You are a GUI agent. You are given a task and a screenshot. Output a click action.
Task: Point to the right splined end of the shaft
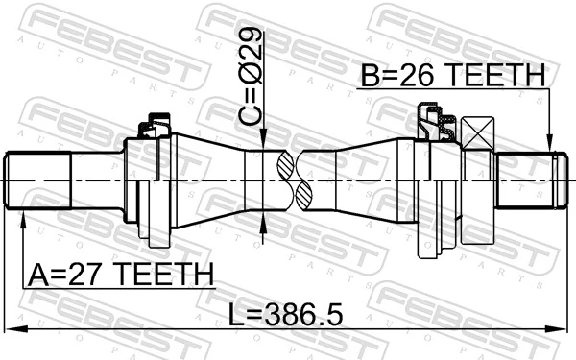(x=527, y=180)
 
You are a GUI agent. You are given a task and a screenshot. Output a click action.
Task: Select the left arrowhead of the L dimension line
(x=12, y=328)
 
